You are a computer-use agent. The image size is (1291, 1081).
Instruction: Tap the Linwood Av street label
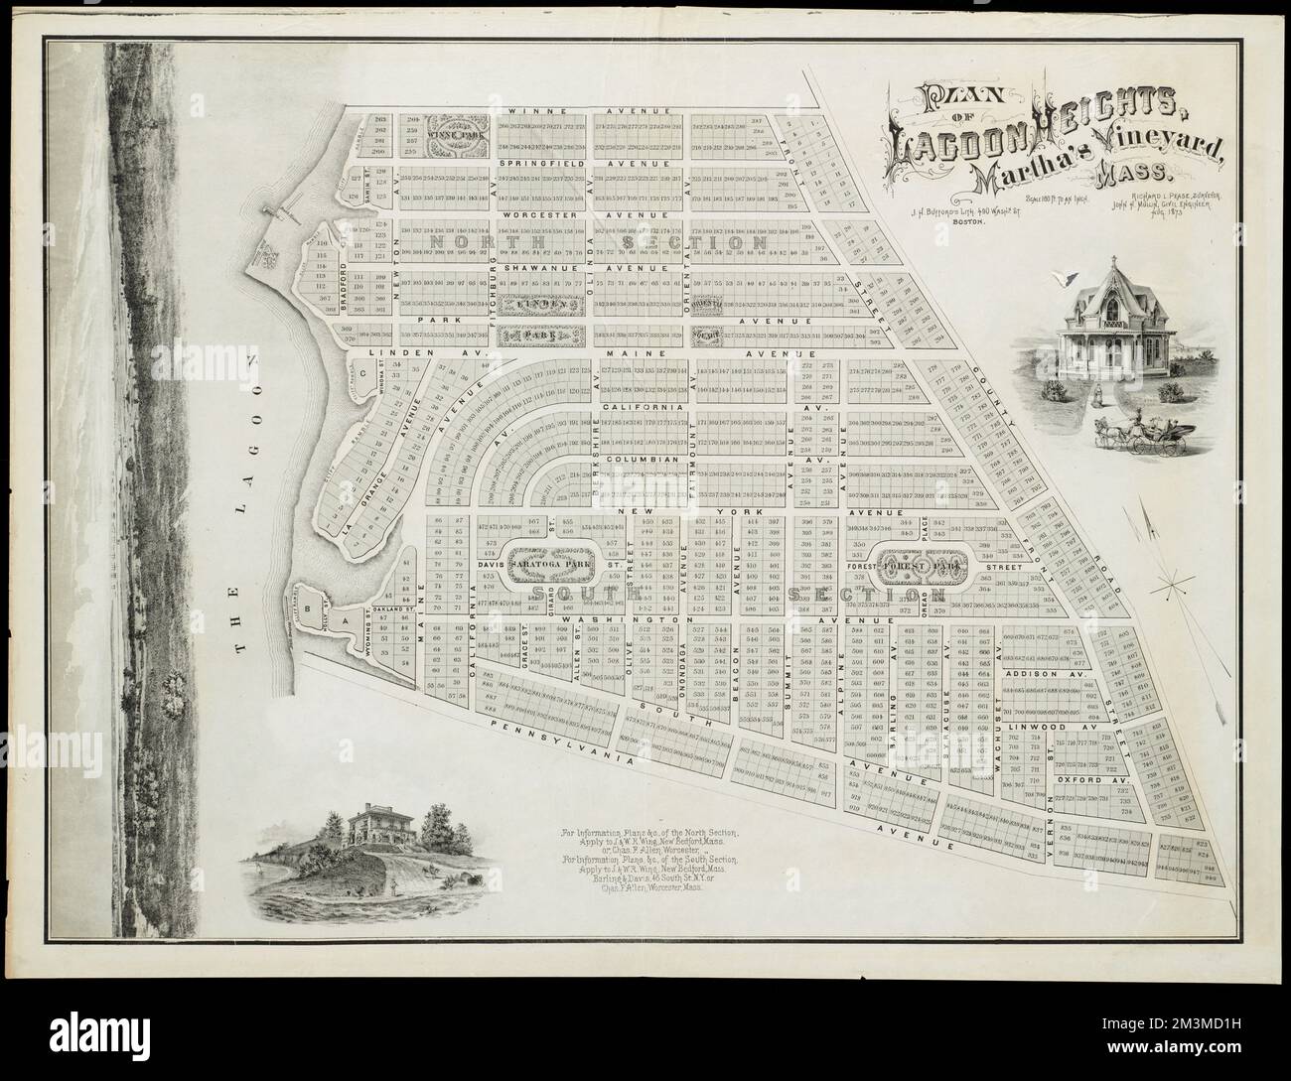(x=1059, y=727)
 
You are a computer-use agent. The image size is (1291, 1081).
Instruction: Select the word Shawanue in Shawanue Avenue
(x=537, y=267)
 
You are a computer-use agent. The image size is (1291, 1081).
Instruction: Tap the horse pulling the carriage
(x=1110, y=429)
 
